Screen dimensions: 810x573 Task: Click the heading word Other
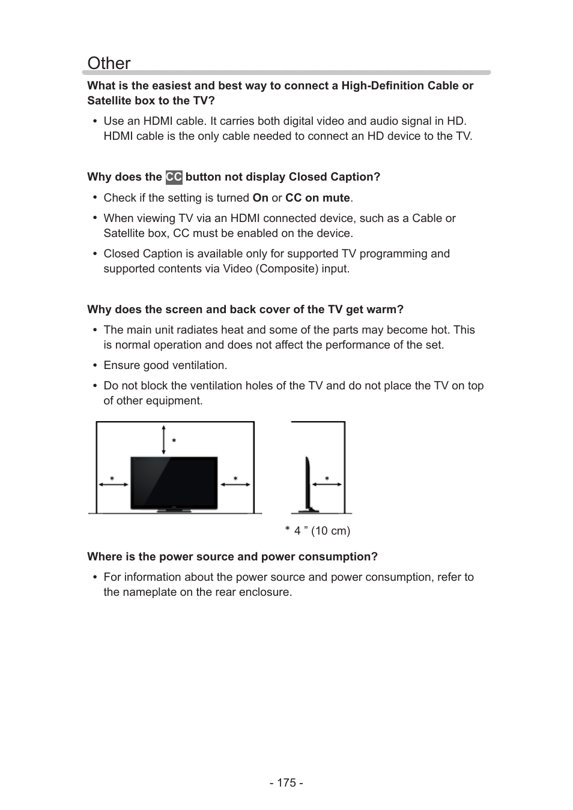109,63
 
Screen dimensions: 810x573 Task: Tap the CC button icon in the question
174,177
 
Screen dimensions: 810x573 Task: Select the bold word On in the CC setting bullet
260,198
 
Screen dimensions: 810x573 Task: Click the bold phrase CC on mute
317,198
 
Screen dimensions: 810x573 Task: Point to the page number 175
286,783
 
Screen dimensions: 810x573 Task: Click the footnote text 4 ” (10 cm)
322,531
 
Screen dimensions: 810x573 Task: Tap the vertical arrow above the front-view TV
163,440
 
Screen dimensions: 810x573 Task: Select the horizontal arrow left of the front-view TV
113,485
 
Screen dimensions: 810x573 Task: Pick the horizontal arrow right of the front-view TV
235,485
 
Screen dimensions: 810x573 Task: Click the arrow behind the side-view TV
326,485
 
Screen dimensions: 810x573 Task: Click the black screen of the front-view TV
174,483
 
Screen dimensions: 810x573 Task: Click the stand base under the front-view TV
174,511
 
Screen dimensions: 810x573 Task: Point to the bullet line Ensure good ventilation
165,365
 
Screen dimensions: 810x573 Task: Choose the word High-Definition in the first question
382,86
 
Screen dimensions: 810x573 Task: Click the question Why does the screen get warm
245,310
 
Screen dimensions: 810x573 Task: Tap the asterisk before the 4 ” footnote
288,530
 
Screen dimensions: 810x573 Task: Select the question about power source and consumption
232,557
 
